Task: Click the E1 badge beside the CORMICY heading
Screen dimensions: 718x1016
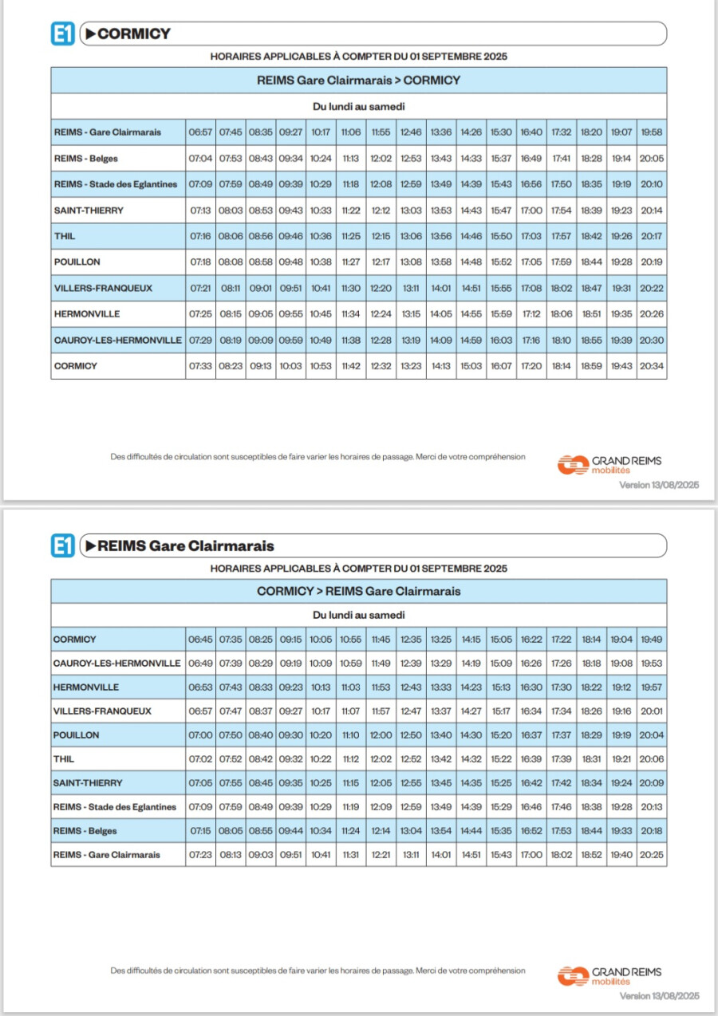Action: click(x=63, y=33)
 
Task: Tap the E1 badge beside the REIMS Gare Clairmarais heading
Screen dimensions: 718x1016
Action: click(x=63, y=545)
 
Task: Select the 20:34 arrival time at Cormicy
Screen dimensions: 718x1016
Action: click(x=652, y=366)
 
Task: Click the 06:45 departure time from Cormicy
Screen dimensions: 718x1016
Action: click(x=200, y=639)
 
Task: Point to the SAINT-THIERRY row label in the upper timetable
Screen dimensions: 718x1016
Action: click(x=89, y=211)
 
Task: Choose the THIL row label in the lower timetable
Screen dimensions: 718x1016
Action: click(x=64, y=759)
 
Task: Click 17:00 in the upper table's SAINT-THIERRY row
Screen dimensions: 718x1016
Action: click(x=531, y=211)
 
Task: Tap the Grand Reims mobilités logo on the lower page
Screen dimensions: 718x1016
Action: click(x=609, y=976)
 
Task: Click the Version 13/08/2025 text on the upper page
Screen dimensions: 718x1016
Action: click(x=659, y=485)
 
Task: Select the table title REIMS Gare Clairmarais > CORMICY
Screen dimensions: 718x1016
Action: click(x=358, y=81)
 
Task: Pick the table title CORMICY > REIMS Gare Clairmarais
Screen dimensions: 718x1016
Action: click(x=358, y=591)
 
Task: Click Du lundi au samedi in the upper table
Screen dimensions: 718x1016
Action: click(x=358, y=107)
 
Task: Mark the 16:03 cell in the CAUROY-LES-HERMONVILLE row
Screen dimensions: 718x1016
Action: click(x=501, y=341)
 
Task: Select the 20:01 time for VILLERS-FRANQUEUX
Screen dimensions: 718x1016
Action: click(x=652, y=711)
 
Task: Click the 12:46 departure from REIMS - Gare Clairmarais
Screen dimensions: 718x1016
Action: click(x=411, y=132)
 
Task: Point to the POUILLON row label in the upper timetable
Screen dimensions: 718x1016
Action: click(x=77, y=262)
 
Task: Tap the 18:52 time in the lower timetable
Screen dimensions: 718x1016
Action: click(x=591, y=855)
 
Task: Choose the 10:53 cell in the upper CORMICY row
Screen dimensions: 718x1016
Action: click(x=321, y=366)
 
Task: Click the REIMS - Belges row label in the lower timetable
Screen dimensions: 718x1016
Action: click(x=85, y=831)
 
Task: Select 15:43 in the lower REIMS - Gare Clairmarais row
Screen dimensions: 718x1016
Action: click(x=501, y=855)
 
